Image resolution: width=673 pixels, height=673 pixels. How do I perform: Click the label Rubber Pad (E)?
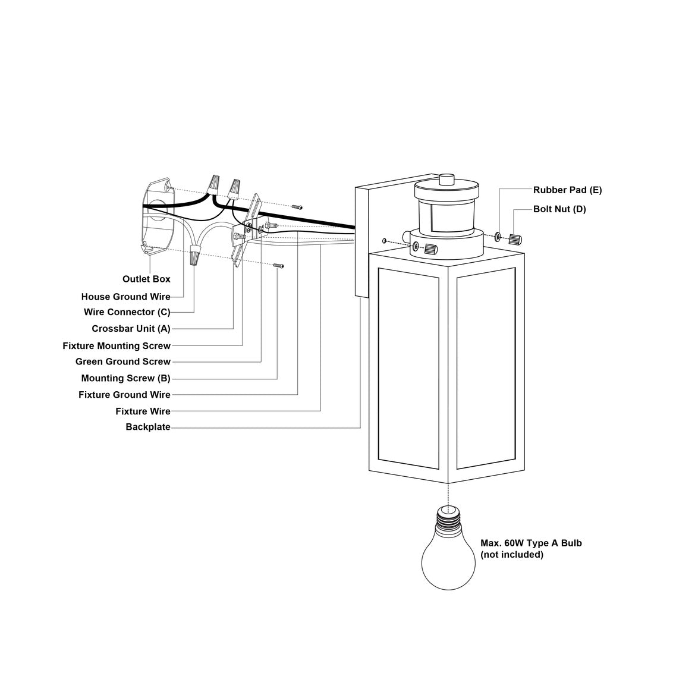point(567,190)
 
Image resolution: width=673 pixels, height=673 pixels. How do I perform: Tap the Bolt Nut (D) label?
point(559,209)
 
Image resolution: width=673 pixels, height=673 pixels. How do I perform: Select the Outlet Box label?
point(146,279)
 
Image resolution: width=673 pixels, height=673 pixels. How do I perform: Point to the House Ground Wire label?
point(125,297)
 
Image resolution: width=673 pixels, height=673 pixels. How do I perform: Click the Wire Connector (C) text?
point(127,312)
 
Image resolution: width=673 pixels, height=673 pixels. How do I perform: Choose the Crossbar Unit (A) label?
point(131,329)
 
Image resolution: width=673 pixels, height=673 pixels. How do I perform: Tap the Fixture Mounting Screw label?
point(117,345)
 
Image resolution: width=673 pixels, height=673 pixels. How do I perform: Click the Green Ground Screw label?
point(122,361)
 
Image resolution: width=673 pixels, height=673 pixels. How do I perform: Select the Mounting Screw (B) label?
point(125,378)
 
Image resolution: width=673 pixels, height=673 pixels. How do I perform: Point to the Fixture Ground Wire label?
point(124,395)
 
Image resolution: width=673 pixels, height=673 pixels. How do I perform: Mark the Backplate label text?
point(147,427)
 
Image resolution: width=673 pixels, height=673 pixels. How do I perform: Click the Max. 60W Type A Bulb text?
point(531,543)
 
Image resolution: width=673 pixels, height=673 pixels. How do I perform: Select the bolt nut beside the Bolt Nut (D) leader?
point(515,239)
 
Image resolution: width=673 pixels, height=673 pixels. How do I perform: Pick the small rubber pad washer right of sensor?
point(498,237)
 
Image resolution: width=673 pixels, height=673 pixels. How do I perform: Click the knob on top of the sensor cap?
point(446,179)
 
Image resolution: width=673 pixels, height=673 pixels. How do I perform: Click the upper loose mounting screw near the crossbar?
point(297,207)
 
